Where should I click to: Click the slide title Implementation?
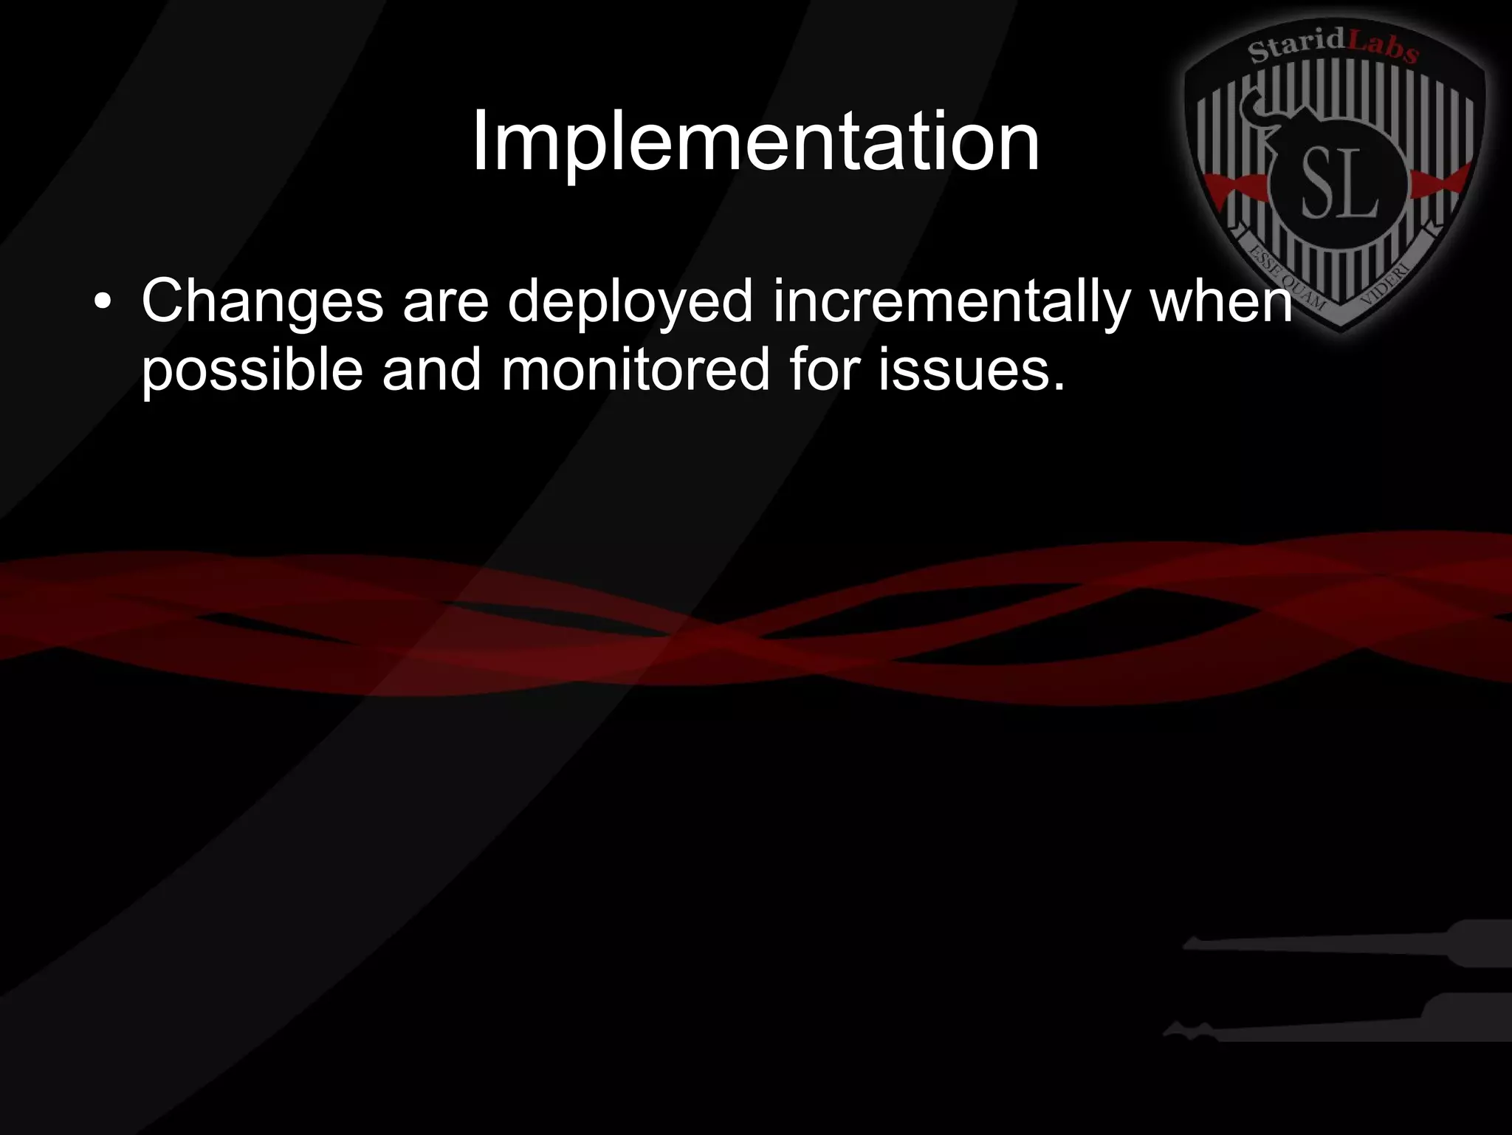[755, 142]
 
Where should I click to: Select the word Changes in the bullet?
[262, 301]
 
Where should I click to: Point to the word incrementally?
[952, 301]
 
